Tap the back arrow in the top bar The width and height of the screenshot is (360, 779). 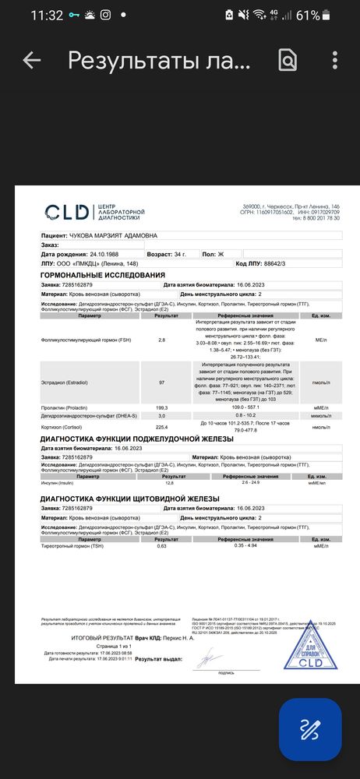(31, 60)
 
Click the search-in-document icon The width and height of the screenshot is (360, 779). (288, 60)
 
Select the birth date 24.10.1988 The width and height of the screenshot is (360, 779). (86, 254)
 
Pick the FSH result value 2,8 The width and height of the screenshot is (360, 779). (162, 340)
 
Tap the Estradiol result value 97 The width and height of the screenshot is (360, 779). (162, 383)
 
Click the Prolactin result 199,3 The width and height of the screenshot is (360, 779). (162, 407)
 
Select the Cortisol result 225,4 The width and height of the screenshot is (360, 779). (162, 427)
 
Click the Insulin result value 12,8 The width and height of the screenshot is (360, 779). (158, 483)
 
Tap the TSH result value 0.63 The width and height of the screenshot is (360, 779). (162, 546)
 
